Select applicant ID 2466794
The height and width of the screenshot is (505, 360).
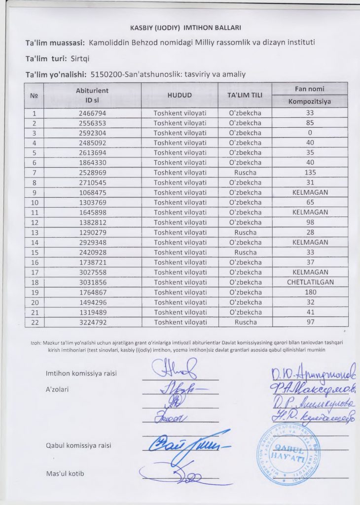[x=92, y=113]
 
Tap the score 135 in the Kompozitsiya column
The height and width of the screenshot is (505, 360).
[x=310, y=173]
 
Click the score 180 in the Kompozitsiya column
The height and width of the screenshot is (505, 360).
[x=310, y=292]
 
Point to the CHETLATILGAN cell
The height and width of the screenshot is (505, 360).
[x=310, y=282]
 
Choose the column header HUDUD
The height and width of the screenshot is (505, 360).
[x=180, y=95]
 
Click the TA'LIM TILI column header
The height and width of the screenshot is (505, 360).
[x=245, y=95]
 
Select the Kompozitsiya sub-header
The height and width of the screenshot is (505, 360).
[x=310, y=102]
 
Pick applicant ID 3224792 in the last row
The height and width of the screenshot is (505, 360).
[x=92, y=322]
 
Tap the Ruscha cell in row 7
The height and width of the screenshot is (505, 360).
[x=245, y=173]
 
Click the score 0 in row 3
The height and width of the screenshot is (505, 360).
[x=310, y=133]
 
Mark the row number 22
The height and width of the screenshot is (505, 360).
[x=35, y=322]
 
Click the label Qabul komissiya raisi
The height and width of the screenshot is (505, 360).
[x=78, y=445]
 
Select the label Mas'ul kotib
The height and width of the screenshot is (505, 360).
[x=65, y=474]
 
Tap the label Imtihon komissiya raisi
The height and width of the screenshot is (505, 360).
[x=81, y=373]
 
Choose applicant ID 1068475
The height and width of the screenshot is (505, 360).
[x=92, y=192]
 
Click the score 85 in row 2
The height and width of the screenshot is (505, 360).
[x=310, y=123]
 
